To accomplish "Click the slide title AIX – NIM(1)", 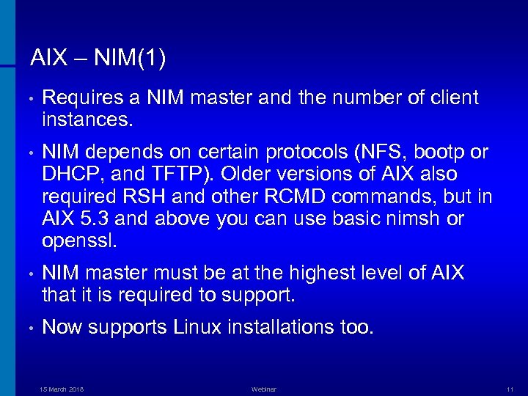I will (x=98, y=56).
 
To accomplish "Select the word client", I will (x=454, y=98).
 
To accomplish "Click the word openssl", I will (x=80, y=241).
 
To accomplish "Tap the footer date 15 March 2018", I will (x=62, y=388).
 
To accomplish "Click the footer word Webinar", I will (x=263, y=388).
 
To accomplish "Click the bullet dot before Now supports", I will (x=24, y=329).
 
